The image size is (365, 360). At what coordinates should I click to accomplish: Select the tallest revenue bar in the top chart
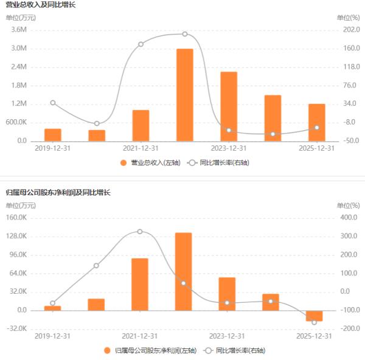pyautogui.click(x=184, y=95)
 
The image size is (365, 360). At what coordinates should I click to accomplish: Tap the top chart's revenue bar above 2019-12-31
pyautogui.click(x=53, y=134)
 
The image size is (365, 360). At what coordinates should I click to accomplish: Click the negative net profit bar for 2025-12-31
pyautogui.click(x=315, y=316)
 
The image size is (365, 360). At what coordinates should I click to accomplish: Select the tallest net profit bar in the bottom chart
pyautogui.click(x=184, y=271)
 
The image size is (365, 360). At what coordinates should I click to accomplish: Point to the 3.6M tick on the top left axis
pyautogui.click(x=19, y=30)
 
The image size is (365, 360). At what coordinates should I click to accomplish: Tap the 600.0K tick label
pyautogui.click(x=17, y=122)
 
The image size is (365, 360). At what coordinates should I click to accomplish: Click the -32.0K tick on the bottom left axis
pyautogui.click(x=18, y=329)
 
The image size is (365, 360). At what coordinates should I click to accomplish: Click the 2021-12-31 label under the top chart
pyautogui.click(x=141, y=148)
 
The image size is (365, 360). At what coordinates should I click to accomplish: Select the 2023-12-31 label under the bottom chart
pyautogui.click(x=228, y=336)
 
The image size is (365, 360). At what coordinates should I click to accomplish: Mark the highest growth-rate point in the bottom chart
pyautogui.click(x=140, y=232)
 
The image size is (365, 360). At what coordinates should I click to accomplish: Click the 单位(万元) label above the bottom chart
pyautogui.click(x=21, y=206)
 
